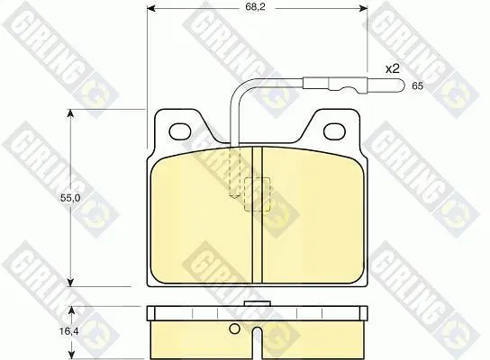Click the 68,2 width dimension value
(255, 7)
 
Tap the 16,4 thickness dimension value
(69, 331)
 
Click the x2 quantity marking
(393, 68)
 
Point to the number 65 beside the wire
(417, 85)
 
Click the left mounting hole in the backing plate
(179, 131)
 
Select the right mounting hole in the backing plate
(335, 131)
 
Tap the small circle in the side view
(234, 328)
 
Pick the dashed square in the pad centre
(257, 194)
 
